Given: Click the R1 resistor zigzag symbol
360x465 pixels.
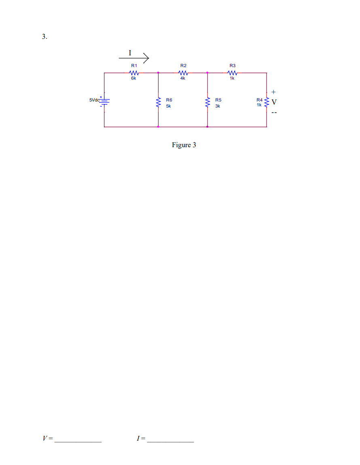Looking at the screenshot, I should (134, 73).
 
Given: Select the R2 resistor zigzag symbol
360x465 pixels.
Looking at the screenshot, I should (183, 73).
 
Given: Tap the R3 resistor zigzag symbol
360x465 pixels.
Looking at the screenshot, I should (232, 73).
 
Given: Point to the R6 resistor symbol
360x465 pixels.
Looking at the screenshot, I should (158, 103).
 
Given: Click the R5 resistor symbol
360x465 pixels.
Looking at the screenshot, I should (208, 103).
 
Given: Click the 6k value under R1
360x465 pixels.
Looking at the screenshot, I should (133, 78).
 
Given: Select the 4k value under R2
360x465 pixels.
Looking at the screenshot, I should (183, 78).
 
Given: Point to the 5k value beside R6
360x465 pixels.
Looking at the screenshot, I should (169, 106).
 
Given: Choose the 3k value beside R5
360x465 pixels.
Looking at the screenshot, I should (218, 106).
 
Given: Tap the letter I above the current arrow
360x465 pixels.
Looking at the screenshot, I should (130, 53).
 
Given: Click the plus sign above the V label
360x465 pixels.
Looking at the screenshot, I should (273, 92).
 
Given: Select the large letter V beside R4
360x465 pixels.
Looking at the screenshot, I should (274, 102).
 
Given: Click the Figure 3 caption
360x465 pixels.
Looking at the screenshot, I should (184, 145).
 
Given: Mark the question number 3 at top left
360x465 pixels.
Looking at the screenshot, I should (44, 37).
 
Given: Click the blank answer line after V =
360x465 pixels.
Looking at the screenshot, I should (78, 440).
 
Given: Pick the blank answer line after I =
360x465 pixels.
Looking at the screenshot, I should (170, 440).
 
